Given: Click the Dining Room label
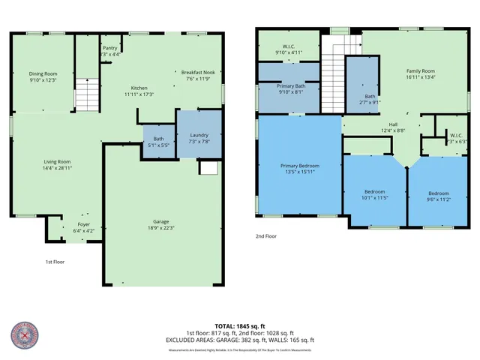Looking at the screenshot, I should pyautogui.click(x=43, y=73).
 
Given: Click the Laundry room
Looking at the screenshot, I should pyautogui.click(x=199, y=136).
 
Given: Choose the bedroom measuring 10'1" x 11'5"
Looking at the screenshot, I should pyautogui.click(x=370, y=194).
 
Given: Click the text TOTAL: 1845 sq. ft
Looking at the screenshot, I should pyautogui.click(x=240, y=325).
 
